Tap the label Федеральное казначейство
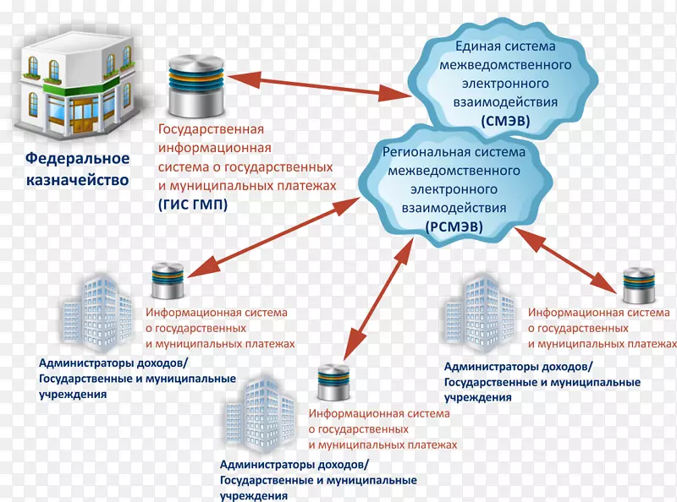click(77, 169)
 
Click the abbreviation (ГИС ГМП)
click(192, 204)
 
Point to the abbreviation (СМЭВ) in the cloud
click(505, 121)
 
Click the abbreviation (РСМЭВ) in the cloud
click(454, 226)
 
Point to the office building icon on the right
click(477, 313)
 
